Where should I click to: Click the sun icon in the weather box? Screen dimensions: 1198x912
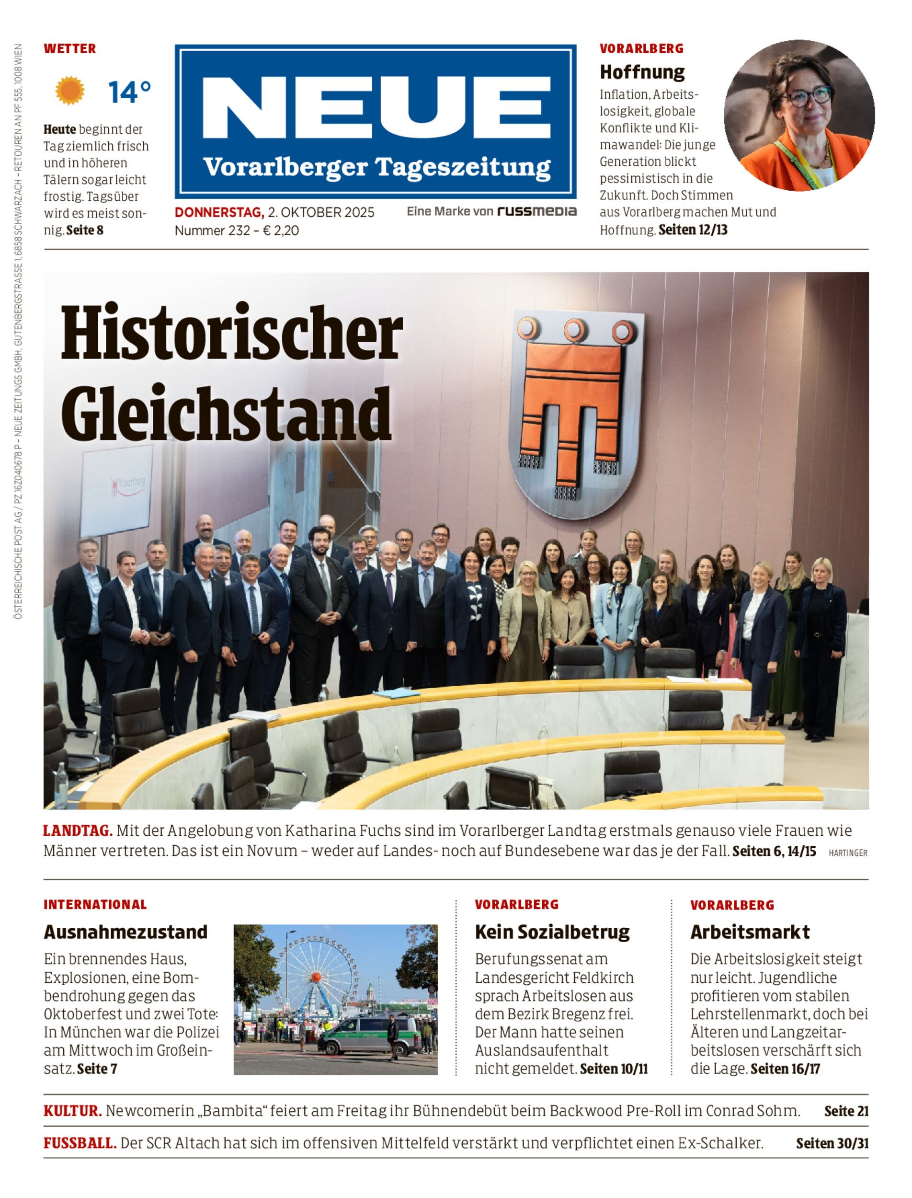(70, 91)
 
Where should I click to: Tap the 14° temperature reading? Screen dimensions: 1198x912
(129, 92)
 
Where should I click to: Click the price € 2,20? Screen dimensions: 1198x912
(281, 231)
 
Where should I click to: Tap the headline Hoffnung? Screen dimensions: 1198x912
(642, 72)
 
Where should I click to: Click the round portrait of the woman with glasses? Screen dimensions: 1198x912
(799, 115)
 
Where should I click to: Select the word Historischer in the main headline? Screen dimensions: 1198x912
(232, 334)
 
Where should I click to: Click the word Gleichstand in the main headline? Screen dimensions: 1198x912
(227, 414)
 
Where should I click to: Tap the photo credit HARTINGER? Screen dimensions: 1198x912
(848, 853)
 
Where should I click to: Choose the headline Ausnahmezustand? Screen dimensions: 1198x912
(125, 932)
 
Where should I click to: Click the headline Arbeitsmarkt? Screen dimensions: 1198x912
(750, 932)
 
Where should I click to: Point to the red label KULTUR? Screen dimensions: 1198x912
(73, 1111)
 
